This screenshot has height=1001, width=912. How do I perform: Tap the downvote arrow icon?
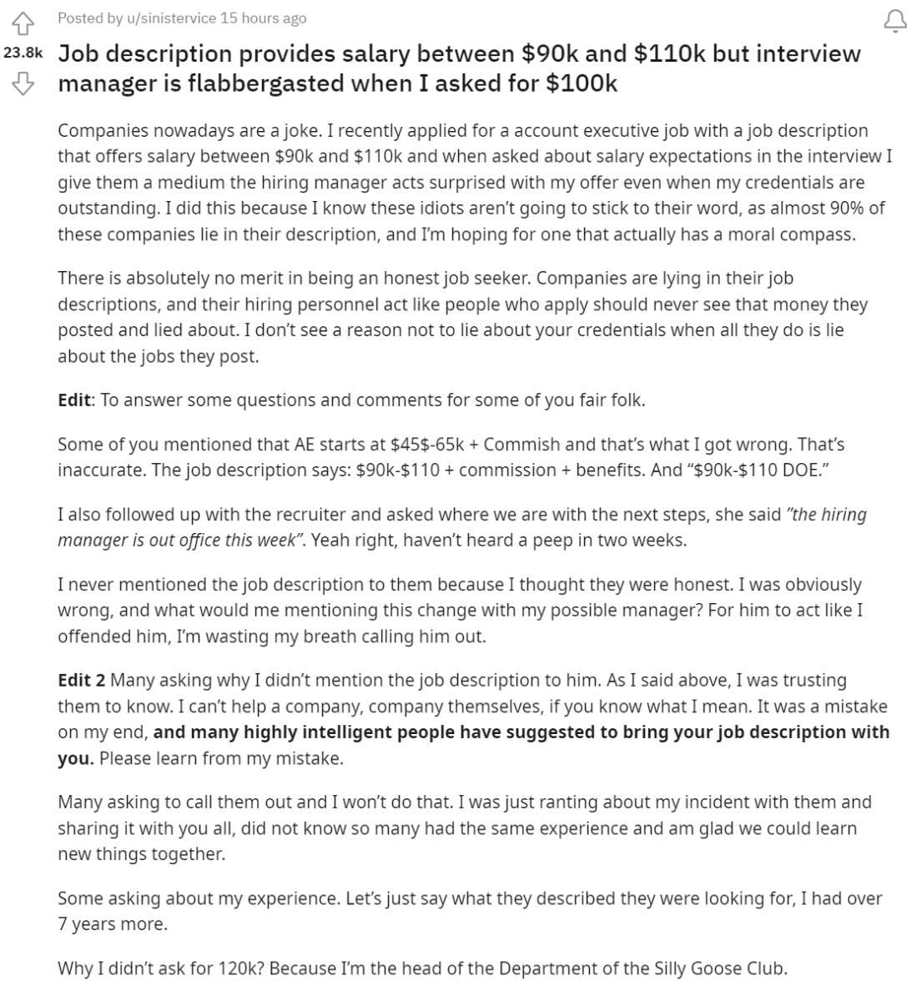pyautogui.click(x=23, y=83)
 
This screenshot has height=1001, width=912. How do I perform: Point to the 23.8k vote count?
pyautogui.click(x=23, y=53)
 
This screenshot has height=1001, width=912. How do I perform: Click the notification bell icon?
pyautogui.click(x=894, y=21)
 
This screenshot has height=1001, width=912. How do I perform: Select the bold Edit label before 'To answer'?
pyautogui.click(x=74, y=400)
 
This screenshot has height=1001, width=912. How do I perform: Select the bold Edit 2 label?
pyautogui.click(x=81, y=680)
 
